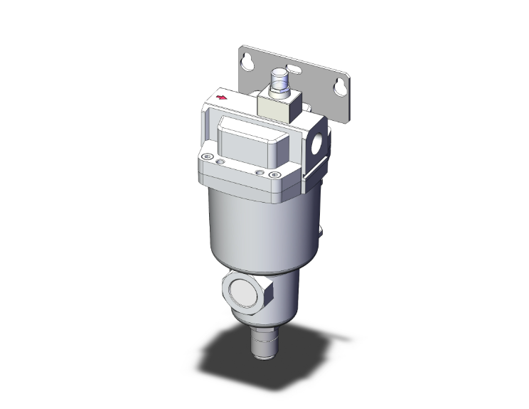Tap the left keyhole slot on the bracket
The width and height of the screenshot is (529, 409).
248,63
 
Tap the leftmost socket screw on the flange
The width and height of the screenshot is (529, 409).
207,158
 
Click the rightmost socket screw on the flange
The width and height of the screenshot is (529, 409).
274,174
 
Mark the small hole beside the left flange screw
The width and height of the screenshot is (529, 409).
220,163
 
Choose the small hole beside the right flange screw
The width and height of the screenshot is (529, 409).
260,172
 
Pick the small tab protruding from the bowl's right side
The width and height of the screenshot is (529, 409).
322,230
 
